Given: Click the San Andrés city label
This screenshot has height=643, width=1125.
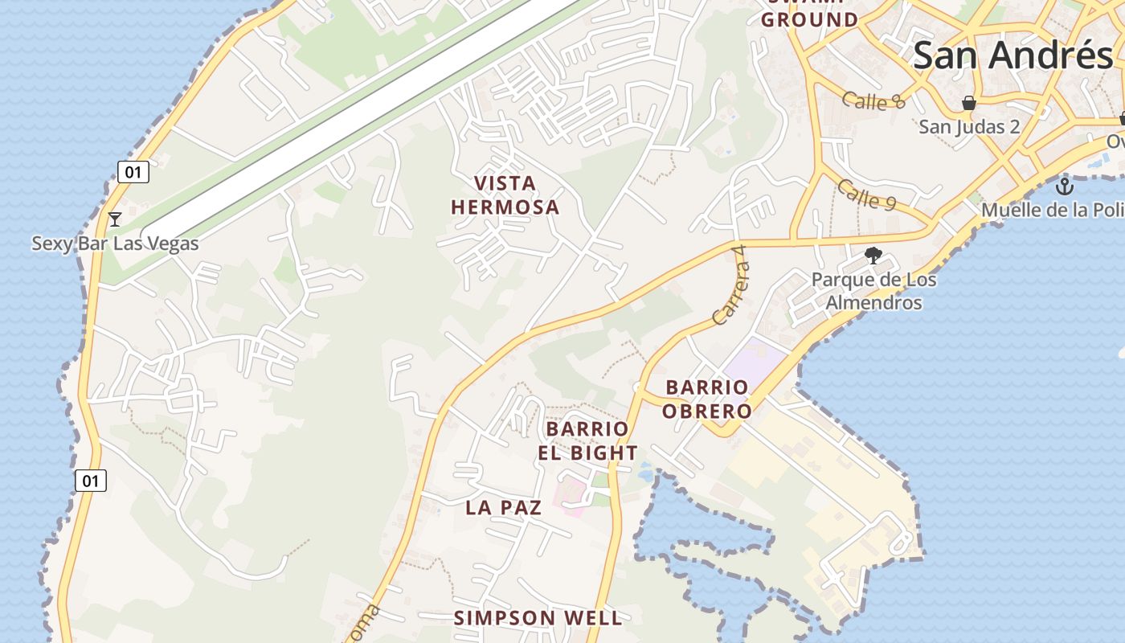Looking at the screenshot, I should coord(1012,55).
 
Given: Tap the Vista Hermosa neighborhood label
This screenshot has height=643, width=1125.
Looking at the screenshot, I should coord(505,195).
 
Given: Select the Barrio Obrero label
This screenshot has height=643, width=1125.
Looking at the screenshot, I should coord(709,399).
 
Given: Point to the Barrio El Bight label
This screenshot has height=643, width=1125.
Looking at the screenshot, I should coord(587,440).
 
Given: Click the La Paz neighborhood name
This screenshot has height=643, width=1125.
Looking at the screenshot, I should coord(504,507).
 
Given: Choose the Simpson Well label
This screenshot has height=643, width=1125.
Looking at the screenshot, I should coord(538,617).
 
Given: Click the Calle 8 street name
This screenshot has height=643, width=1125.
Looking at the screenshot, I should coord(874,100).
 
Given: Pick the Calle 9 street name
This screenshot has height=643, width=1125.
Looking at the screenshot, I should coord(866,195).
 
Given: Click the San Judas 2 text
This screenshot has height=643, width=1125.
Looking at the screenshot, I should coord(969,126).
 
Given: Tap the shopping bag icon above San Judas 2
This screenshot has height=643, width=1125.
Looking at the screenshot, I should coord(969,103).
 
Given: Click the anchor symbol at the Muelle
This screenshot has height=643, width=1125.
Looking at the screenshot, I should coord(1065,187).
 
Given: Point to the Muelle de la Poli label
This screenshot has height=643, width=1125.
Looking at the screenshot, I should coord(1053,210).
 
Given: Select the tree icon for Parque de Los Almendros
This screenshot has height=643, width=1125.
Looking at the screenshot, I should coord(873,256).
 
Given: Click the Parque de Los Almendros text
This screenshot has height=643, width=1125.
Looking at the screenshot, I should coord(873,291).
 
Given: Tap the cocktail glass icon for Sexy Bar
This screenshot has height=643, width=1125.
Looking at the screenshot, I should coord(115,219).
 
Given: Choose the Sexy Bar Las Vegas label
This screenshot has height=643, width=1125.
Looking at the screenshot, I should coord(115,243).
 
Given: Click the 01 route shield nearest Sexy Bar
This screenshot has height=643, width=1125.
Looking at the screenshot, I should coord(133,171).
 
